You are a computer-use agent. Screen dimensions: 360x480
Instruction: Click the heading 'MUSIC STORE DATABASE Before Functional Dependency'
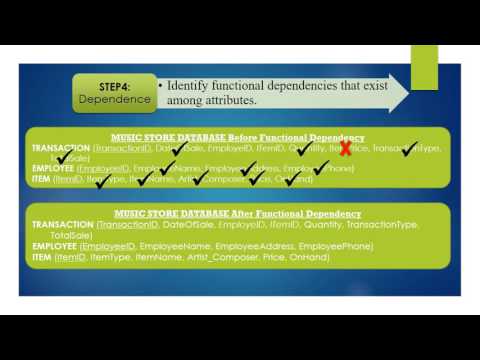coord(239,137)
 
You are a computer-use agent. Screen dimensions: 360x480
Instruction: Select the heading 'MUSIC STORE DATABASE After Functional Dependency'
coord(239,214)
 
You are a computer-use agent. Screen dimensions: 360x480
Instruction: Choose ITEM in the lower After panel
coord(42,257)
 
